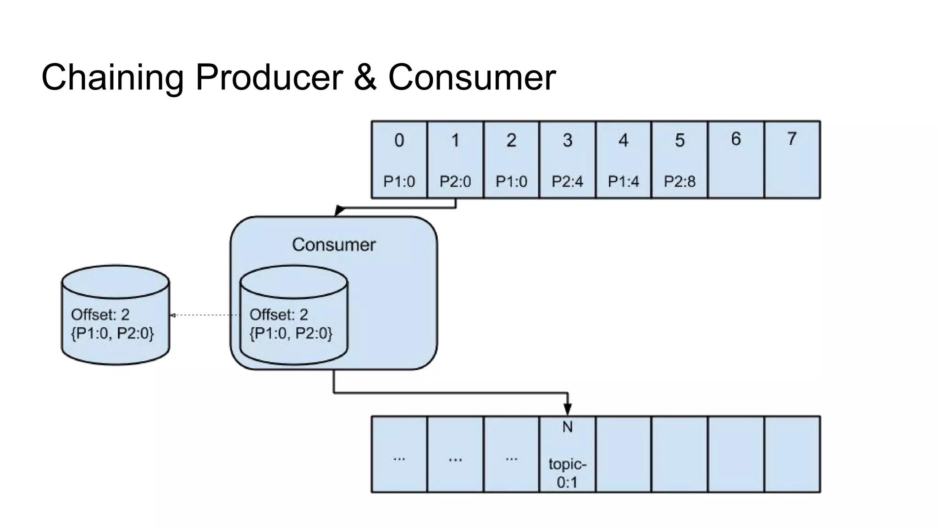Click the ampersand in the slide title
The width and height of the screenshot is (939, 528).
[x=365, y=77]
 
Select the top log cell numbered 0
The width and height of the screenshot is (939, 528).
[x=399, y=159]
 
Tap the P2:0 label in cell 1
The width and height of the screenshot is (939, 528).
[x=455, y=181]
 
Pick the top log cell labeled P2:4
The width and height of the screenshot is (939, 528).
[x=567, y=159]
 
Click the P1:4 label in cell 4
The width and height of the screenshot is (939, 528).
[x=623, y=181]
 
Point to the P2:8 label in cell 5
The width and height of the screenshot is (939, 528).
[x=679, y=181]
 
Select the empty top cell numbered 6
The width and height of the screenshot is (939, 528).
[x=735, y=159]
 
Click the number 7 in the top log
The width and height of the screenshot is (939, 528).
[x=792, y=138]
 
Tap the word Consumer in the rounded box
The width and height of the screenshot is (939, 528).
[x=333, y=245]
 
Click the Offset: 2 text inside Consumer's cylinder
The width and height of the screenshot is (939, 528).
[x=278, y=314]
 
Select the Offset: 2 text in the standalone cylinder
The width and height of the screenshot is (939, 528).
[x=100, y=314]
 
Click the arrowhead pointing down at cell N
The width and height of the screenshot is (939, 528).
[x=567, y=409]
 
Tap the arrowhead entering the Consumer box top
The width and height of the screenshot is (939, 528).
[x=339, y=211]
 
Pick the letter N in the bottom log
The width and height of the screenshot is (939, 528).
[x=567, y=427]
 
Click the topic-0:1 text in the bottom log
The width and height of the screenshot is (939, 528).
[x=567, y=473]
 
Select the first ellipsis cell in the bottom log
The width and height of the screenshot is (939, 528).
[x=399, y=455]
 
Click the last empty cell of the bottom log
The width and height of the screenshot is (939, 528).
[x=792, y=455]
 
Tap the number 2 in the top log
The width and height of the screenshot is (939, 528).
[x=511, y=140]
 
